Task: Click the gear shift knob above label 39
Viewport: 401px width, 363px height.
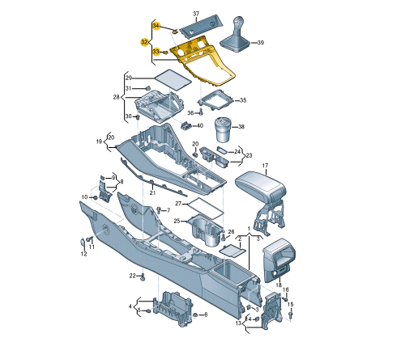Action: tap(238, 22)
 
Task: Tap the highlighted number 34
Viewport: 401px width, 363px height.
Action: tap(156, 26)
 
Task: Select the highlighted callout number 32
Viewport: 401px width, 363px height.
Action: tap(144, 42)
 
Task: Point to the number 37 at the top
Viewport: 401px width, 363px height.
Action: tap(196, 14)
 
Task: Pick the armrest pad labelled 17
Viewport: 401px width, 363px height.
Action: tap(261, 184)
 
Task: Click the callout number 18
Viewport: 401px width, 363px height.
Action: tap(279, 285)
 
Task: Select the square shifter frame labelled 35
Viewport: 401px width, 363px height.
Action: tap(215, 100)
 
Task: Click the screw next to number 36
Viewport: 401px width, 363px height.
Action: tap(201, 112)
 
